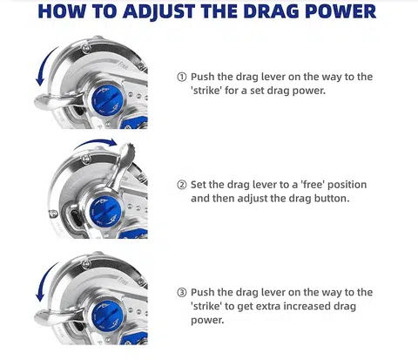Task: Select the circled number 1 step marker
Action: [x=182, y=77]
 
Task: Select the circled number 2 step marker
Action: [x=182, y=185]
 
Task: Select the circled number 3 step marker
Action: [x=182, y=292]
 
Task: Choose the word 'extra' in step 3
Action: [x=272, y=306]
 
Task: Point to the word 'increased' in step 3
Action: [x=315, y=306]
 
